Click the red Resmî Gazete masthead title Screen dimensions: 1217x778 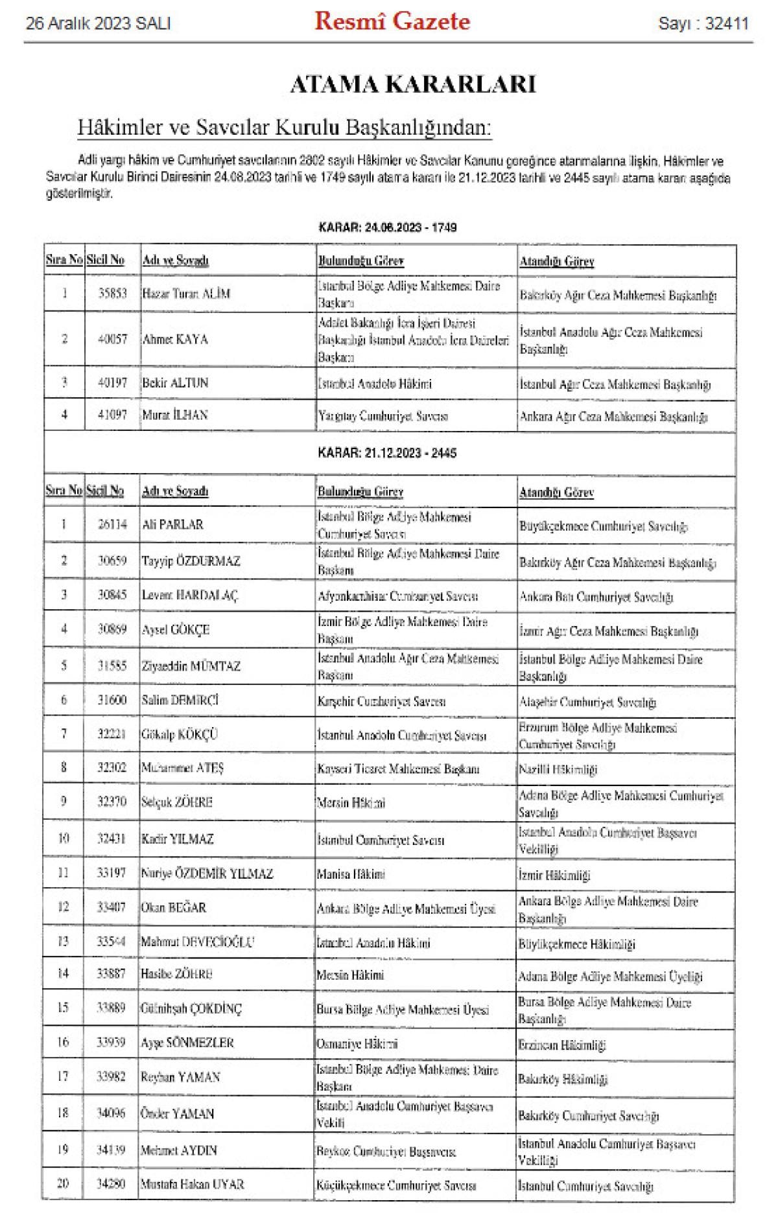[392, 22]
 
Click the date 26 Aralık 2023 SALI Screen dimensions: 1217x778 [98, 24]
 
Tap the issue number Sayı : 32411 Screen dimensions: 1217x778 [703, 24]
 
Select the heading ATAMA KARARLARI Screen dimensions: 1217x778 [412, 85]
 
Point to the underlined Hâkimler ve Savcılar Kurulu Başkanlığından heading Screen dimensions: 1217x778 [285, 128]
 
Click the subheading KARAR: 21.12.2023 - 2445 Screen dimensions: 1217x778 [387, 453]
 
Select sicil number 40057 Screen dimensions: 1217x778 [112, 339]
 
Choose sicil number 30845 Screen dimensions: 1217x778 [112, 595]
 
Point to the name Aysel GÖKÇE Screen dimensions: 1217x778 [176, 629]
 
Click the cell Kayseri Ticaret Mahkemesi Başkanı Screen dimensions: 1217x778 [398, 769]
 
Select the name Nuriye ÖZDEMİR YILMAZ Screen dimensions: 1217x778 [207, 874]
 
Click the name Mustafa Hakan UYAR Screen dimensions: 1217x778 [193, 1184]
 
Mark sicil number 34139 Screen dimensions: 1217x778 [112, 1150]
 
